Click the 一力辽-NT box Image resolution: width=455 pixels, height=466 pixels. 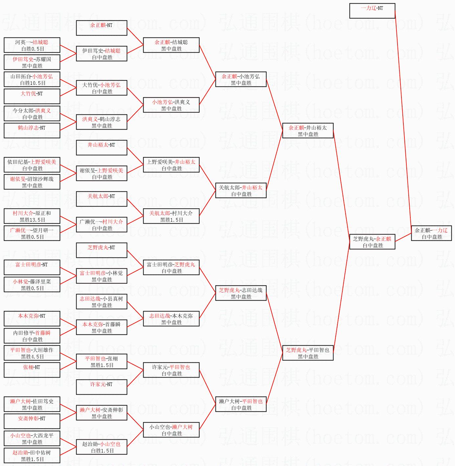[372, 11]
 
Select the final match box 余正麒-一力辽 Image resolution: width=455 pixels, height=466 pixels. [431, 233]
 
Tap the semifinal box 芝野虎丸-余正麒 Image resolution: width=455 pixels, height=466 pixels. [372, 242]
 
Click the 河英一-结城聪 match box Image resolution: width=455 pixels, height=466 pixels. [32, 45]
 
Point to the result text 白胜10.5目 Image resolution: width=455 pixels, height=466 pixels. [32, 83]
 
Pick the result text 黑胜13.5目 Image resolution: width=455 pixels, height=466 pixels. [32, 220]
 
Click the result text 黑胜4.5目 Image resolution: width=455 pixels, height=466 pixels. [32, 356]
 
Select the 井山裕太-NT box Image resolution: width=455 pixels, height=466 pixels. [102, 148]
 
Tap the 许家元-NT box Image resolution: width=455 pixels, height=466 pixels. [102, 387]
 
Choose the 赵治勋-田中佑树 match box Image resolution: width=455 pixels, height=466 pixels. [32, 455]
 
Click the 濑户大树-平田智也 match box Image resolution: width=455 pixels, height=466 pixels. [241, 404]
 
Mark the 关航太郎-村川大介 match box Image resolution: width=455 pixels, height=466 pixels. [171, 216]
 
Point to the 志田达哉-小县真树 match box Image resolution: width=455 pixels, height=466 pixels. [102, 302]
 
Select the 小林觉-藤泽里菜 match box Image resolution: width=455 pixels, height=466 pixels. [32, 284]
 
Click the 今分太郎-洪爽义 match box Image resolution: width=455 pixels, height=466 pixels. [32, 113]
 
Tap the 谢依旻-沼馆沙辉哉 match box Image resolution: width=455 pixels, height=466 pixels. [32, 182]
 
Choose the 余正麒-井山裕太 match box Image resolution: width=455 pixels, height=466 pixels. [308, 131]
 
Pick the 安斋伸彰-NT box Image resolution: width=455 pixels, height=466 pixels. [32, 421]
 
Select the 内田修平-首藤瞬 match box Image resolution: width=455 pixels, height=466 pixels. [32, 336]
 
